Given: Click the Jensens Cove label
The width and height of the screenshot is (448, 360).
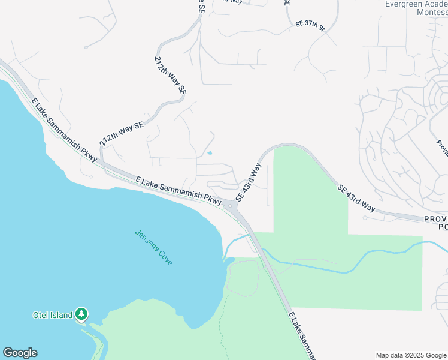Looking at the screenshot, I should [153, 248].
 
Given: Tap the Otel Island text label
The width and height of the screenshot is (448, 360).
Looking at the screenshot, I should [52, 314].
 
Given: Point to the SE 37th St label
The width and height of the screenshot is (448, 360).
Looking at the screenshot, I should [310, 27].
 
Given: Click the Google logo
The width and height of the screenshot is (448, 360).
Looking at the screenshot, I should [20, 353].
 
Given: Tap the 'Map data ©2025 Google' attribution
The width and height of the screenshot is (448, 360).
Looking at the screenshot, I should [410, 355].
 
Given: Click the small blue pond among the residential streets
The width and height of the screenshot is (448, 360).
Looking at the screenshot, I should [209, 153].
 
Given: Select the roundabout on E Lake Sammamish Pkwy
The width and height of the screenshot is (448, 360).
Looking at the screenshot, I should [232, 206].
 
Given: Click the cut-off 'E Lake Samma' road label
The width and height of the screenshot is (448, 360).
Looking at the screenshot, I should [301, 335].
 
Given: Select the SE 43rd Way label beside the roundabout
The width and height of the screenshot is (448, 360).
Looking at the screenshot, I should [249, 182].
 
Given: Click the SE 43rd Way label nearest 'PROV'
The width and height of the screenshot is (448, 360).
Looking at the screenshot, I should [356, 197].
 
